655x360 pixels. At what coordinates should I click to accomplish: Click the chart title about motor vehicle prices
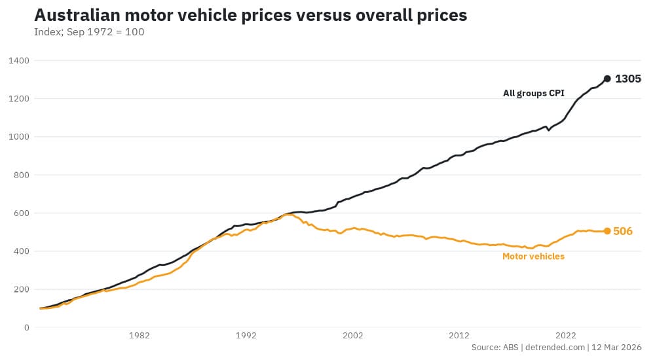pyautogui.click(x=250, y=16)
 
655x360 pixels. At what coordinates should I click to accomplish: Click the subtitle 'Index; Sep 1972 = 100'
pyautogui.click(x=89, y=32)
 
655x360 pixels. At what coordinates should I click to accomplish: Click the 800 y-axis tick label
pyautogui.click(x=21, y=175)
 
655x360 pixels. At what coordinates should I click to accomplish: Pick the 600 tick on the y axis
pyautogui.click(x=21, y=213)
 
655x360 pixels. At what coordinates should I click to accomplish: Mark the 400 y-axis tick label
pyautogui.click(x=21, y=251)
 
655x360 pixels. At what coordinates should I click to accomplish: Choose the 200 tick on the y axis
pyautogui.click(x=21, y=289)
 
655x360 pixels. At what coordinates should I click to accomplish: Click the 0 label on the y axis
pyautogui.click(x=26, y=327)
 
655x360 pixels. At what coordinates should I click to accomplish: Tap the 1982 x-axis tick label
pyautogui.click(x=140, y=335)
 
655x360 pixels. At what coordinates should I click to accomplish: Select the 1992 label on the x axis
pyautogui.click(x=246, y=335)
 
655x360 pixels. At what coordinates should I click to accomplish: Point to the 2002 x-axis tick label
pyautogui.click(x=352, y=335)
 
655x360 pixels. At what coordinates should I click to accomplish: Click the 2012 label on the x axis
pyautogui.click(x=459, y=335)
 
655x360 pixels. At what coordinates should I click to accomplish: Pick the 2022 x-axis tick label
pyautogui.click(x=566, y=335)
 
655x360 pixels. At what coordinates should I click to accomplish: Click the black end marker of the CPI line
pyautogui.click(x=607, y=79)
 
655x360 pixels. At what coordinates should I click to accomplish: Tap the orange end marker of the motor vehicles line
pyautogui.click(x=607, y=231)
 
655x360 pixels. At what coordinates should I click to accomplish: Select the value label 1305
pyautogui.click(x=627, y=79)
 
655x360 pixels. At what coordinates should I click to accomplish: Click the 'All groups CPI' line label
pyautogui.click(x=533, y=94)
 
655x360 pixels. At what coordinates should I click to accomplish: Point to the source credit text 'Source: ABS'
pyautogui.click(x=495, y=348)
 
